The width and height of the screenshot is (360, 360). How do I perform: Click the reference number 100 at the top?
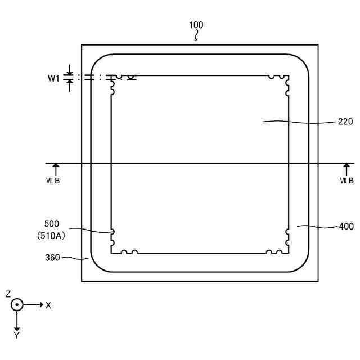pyautogui.click(x=196, y=25)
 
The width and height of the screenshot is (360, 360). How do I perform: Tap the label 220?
pyautogui.click(x=345, y=121)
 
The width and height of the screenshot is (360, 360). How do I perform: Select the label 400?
pyautogui.click(x=346, y=227)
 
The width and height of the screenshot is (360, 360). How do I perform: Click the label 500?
pyautogui.click(x=51, y=223)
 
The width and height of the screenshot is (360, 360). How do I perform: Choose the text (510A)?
pyautogui.click(x=51, y=236)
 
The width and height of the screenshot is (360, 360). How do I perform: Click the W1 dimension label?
pyautogui.click(x=53, y=79)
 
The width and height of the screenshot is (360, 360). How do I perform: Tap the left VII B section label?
pyautogui.click(x=52, y=181)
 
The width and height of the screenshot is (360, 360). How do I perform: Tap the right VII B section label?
pyautogui.click(x=346, y=181)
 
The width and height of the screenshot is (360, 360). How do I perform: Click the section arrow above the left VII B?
pyautogui.click(x=55, y=169)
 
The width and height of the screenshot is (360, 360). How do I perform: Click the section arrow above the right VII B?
pyautogui.click(x=346, y=169)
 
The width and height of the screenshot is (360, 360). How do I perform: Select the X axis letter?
pyautogui.click(x=48, y=305)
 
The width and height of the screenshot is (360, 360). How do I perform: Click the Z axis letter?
pyautogui.click(x=8, y=294)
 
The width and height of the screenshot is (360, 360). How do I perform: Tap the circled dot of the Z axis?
pyautogui.click(x=17, y=304)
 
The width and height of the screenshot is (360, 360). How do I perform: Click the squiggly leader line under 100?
pyautogui.click(x=196, y=37)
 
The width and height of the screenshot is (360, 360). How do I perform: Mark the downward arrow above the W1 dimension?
pyautogui.click(x=69, y=70)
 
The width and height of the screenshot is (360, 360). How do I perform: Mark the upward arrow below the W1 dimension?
pyautogui.click(x=69, y=85)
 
